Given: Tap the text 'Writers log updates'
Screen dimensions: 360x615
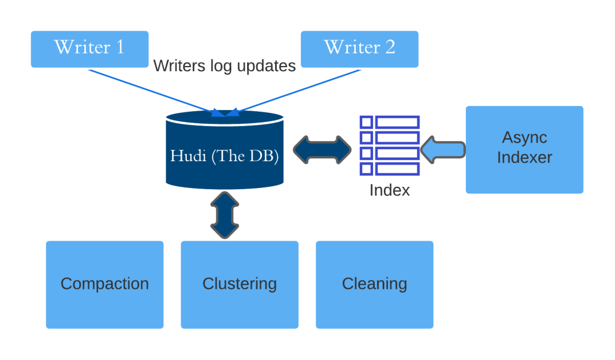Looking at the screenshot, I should tap(224, 66).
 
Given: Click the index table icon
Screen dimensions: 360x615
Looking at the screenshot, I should tap(390, 146).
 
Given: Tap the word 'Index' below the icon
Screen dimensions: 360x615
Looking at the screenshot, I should tap(389, 190).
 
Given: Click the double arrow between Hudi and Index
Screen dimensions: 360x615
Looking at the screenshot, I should tap(322, 150).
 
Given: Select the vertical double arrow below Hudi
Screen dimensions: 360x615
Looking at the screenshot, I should tap(224, 215).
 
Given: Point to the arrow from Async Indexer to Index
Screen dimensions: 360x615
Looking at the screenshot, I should tap(443, 150).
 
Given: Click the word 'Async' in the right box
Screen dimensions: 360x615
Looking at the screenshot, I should tap(524, 137).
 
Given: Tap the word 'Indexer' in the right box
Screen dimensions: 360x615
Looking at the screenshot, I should tap(524, 157).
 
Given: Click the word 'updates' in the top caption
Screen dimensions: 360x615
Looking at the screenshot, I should tap(266, 67).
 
